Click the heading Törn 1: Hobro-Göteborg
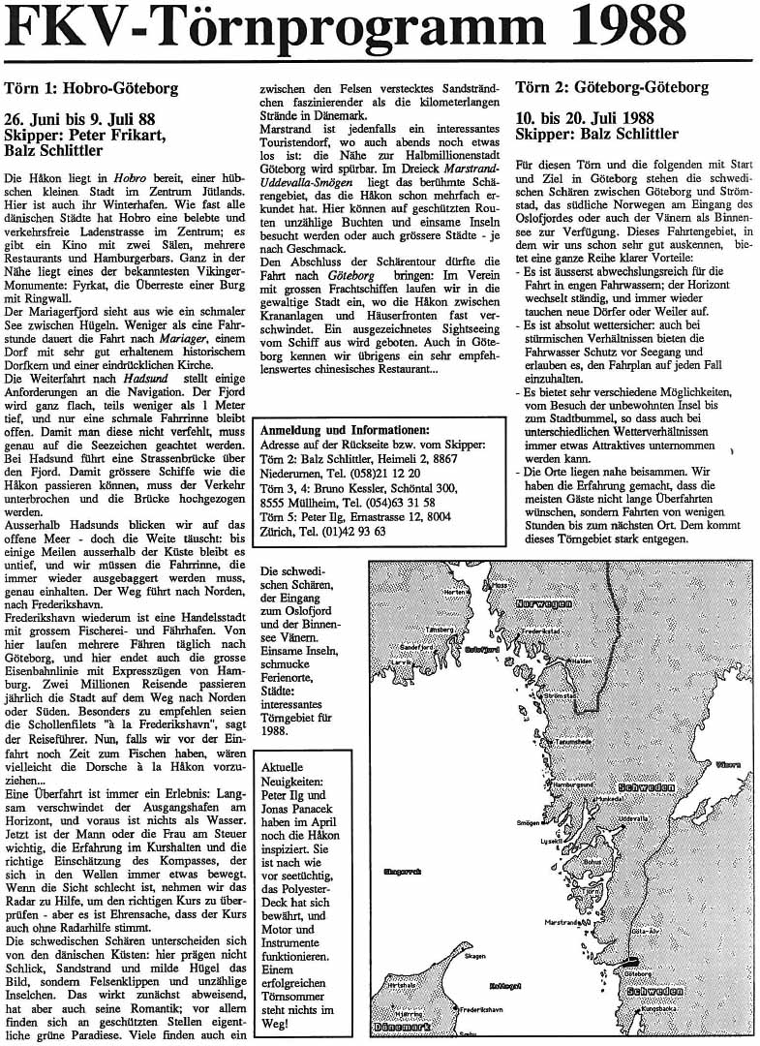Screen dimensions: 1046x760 91,88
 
